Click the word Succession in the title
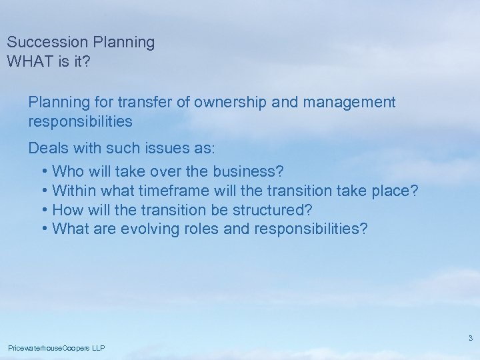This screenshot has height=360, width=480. coord(47,43)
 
